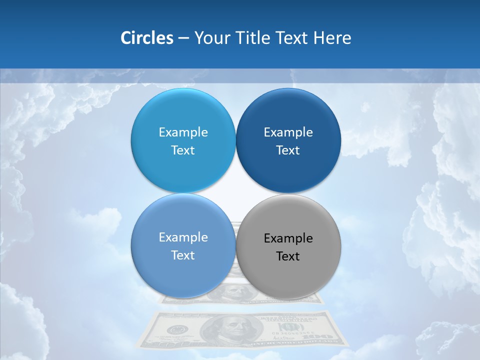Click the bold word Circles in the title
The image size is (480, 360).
coord(146,38)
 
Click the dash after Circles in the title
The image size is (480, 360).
coord(183,38)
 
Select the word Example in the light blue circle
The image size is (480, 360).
coord(183,132)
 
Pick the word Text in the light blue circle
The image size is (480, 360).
coord(183,150)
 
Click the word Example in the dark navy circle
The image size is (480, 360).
coord(288,132)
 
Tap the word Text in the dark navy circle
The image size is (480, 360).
coord(288,150)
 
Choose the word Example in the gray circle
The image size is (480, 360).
coord(288,238)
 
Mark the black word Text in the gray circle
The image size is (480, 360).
coord(288,256)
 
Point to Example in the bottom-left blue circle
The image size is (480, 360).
coord(183,237)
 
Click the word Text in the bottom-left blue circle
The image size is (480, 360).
coord(183,255)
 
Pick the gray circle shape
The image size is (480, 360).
coord(288,272)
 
